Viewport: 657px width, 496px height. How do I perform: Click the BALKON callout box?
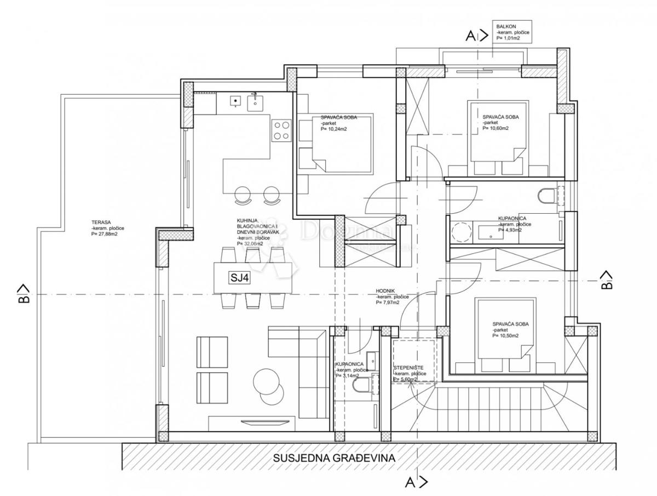click(x=513, y=32)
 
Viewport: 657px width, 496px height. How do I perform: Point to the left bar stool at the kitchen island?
click(x=242, y=195)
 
